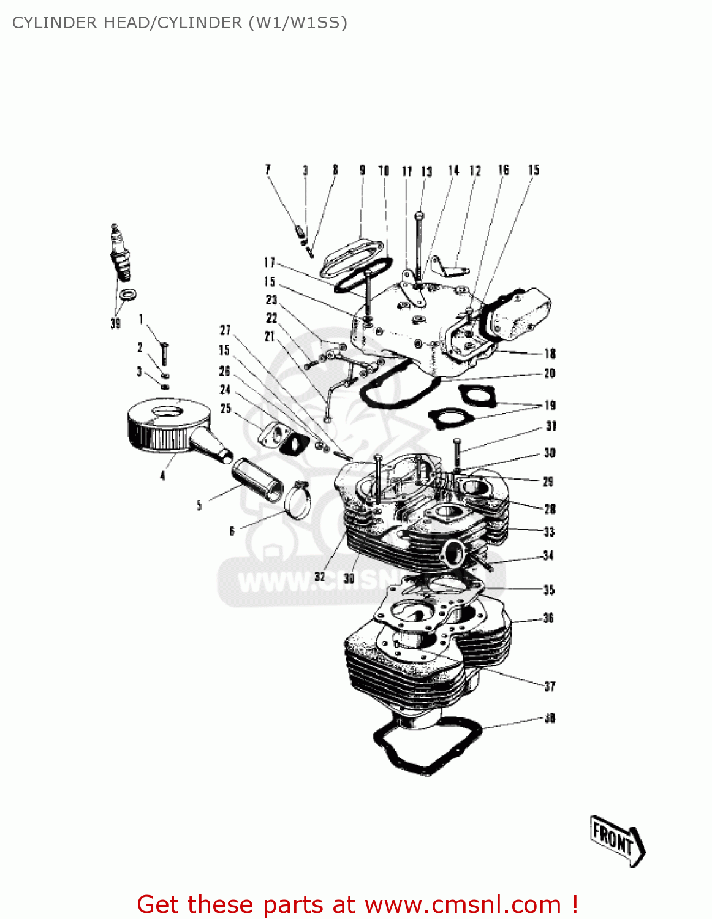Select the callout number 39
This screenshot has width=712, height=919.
click(x=115, y=323)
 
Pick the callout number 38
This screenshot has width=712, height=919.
click(x=550, y=717)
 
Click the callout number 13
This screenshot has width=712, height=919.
click(x=426, y=172)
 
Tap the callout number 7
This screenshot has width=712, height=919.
click(x=268, y=170)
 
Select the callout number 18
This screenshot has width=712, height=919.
click(x=550, y=354)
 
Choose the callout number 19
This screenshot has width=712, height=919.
click(x=550, y=405)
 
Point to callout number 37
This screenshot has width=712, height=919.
click(x=550, y=686)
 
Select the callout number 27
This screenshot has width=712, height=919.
click(x=225, y=330)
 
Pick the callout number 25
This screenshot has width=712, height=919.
click(x=225, y=409)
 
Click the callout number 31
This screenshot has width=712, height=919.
click(x=551, y=426)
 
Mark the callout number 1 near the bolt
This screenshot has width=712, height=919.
click(x=141, y=319)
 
